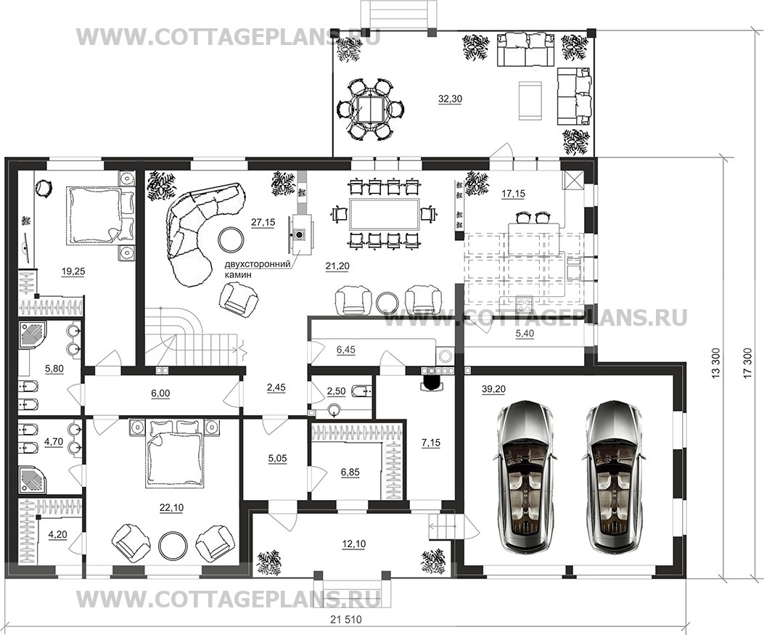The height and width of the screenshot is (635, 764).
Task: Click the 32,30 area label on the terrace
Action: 450,99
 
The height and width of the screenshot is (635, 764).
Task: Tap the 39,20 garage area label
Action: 493,389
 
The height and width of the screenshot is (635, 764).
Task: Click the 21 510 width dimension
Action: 346,620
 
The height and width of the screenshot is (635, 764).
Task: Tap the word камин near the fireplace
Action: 238,275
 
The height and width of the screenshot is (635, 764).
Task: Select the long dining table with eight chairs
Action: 384,214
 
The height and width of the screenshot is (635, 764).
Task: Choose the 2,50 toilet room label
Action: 336,391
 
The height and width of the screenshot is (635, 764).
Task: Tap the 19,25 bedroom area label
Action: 73,272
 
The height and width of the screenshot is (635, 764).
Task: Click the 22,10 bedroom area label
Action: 171,508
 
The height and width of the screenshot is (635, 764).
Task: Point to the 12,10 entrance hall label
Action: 354,544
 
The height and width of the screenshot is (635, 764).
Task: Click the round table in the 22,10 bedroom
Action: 171,544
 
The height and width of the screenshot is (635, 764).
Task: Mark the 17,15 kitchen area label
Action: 513,194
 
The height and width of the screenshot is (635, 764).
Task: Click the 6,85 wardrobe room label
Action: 350,472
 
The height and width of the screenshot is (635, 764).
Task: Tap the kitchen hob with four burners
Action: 525,305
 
